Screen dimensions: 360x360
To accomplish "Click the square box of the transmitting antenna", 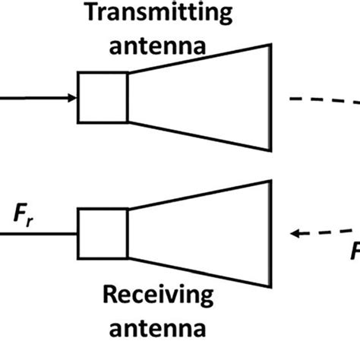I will [x=102, y=97].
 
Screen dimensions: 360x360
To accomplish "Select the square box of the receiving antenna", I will [x=102, y=234].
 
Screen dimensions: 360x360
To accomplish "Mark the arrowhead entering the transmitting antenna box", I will [x=73, y=97].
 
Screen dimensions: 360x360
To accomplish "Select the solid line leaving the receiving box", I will [x=38, y=234].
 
